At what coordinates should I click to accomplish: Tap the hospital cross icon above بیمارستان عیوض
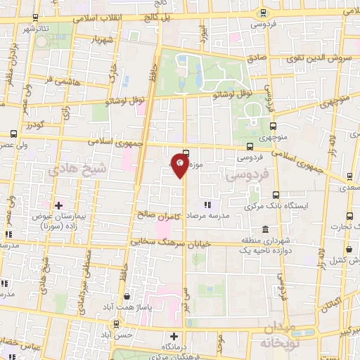[58, 205]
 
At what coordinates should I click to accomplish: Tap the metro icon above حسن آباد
[116, 325]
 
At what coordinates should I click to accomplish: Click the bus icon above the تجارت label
[349, 217]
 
